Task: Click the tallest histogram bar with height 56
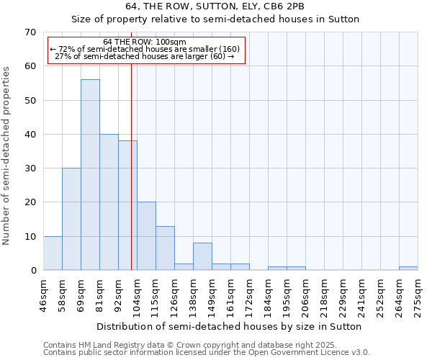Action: point(90,175)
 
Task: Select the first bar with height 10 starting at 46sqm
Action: point(53,253)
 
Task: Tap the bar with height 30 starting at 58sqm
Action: point(71,220)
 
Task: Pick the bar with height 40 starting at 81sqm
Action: point(109,202)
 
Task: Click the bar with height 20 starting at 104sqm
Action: point(146,236)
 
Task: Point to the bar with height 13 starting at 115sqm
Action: point(165,248)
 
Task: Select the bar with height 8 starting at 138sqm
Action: point(202,257)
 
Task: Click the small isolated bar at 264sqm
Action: point(408,269)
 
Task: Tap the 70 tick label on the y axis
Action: point(30,32)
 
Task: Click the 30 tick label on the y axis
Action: point(30,168)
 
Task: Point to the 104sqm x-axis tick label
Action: point(137,295)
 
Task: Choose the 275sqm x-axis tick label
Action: point(418,295)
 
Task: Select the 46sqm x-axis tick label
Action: point(43,295)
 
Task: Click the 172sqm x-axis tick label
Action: point(249,295)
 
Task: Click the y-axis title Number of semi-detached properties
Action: point(7,156)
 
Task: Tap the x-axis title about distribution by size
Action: point(228,326)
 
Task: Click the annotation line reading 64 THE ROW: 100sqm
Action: point(144,42)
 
